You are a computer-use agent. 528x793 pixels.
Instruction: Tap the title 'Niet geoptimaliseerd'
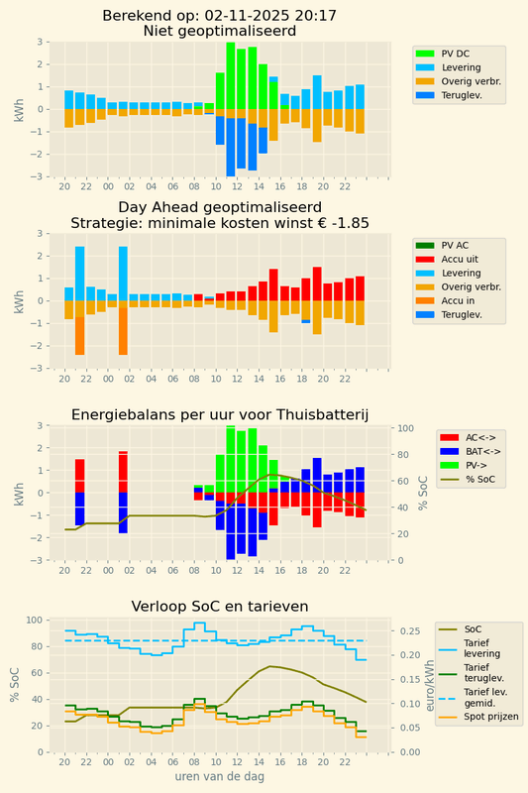[218, 32]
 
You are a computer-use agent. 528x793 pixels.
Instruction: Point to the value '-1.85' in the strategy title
[350, 223]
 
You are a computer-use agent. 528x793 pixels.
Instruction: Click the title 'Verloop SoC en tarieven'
[219, 607]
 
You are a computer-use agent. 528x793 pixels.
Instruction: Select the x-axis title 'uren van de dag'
[219, 777]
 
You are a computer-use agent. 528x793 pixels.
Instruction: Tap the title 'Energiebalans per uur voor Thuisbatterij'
[219, 414]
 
